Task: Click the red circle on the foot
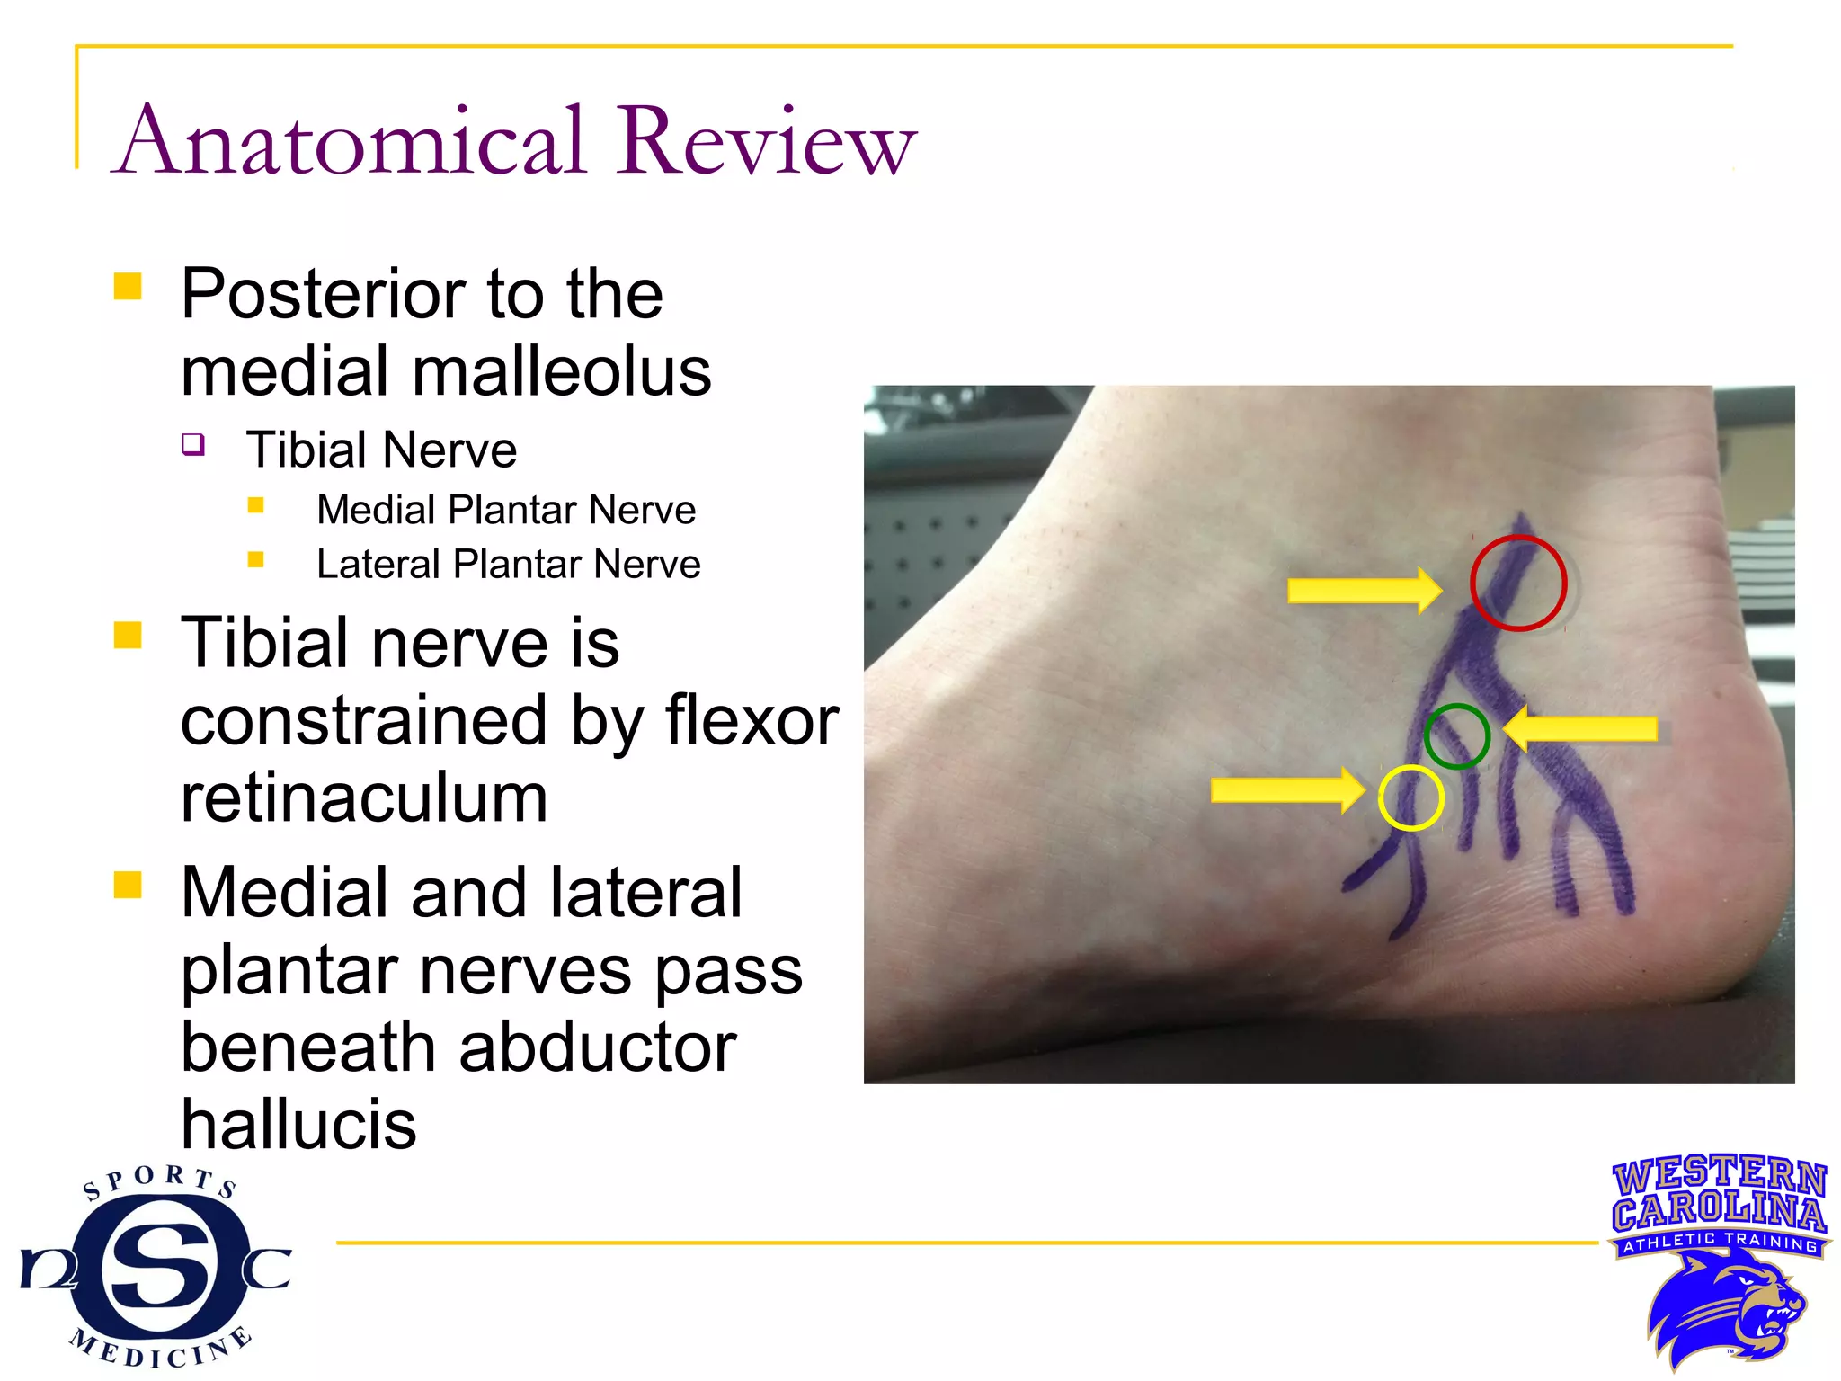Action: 1518,583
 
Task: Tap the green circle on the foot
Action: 1456,735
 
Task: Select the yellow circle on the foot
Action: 1410,797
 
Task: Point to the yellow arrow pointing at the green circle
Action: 1581,728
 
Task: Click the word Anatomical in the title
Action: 352,141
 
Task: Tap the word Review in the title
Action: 765,141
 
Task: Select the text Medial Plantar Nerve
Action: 506,510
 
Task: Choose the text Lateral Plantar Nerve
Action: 508,565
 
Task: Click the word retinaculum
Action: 364,797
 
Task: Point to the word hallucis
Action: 298,1124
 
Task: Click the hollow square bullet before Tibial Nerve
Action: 193,444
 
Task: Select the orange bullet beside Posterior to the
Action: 128,287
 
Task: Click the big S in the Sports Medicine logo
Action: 159,1267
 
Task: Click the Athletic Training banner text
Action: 1719,1243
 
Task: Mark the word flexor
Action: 752,720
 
